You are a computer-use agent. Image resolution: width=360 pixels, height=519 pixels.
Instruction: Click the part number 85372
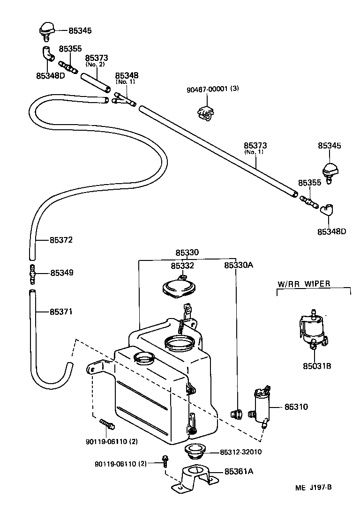[x=61, y=240]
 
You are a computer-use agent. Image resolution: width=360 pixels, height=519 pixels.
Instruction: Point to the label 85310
[x=296, y=407]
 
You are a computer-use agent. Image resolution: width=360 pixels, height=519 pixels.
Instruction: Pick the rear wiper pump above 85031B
[x=311, y=330]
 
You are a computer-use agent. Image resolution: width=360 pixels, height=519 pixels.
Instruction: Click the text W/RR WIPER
[x=304, y=283]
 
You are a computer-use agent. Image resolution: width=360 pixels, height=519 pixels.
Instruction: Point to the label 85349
[x=61, y=273]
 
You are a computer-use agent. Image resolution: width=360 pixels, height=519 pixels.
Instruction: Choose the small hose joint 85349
[x=32, y=273]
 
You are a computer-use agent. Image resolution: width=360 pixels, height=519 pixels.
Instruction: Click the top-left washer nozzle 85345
[x=46, y=30]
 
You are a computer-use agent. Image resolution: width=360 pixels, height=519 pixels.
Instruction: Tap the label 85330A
[x=238, y=265]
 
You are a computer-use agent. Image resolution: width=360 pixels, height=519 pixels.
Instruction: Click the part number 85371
[x=61, y=311]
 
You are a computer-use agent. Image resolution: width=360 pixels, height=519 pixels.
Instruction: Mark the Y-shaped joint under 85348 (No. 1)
[x=123, y=99]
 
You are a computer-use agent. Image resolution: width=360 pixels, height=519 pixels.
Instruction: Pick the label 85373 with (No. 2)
[x=97, y=59]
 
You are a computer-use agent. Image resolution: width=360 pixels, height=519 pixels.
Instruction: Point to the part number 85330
[x=187, y=252]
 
